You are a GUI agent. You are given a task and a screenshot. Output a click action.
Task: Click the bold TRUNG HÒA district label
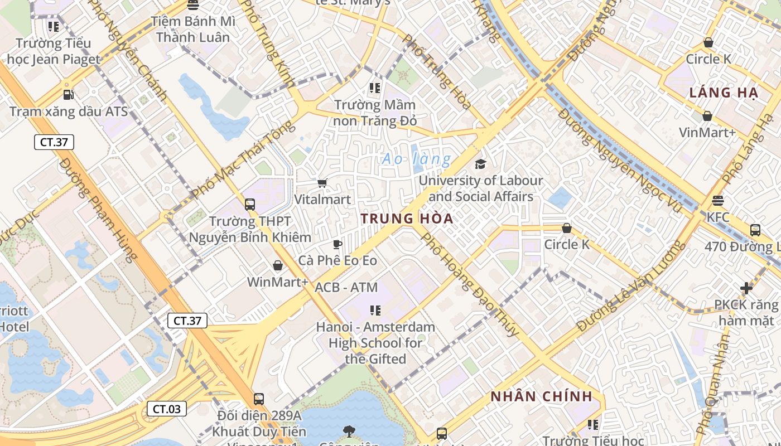pos(407,219)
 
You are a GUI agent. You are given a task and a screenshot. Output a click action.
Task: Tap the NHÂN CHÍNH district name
pos(541,396)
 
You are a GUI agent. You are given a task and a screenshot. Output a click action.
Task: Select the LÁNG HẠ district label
pos(723,93)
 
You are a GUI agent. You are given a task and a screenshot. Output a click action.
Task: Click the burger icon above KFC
pos(718,200)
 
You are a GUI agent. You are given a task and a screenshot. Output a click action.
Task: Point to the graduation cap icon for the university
pos(480,164)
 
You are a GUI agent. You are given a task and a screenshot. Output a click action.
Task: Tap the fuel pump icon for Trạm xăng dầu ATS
pos(68,95)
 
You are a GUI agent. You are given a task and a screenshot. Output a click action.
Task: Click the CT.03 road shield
pos(167,409)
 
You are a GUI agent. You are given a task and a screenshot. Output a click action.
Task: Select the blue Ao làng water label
pos(416,159)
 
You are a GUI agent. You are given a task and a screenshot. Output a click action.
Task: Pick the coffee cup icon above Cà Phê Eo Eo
pos(337,244)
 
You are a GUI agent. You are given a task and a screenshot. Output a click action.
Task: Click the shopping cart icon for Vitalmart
pos(322,183)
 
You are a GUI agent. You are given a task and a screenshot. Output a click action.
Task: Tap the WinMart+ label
pos(277,282)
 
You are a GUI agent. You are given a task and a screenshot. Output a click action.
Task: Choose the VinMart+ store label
pos(707,132)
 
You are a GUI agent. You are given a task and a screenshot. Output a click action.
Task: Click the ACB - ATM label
pos(346,287)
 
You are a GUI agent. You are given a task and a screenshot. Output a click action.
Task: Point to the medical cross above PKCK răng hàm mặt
pos(746,288)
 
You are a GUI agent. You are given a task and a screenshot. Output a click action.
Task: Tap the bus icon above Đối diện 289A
pos(258,399)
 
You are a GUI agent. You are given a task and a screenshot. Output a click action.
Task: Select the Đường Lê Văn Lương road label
pos(630,287)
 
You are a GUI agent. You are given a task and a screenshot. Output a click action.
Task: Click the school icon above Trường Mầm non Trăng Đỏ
pos(375,88)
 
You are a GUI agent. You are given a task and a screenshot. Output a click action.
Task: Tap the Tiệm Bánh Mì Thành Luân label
pos(193,30)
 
